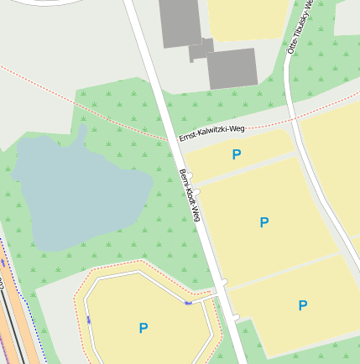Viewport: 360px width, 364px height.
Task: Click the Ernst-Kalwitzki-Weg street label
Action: [211, 133]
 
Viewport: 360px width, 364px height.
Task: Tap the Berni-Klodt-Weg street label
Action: [190, 196]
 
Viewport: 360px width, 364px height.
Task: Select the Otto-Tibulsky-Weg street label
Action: [300, 27]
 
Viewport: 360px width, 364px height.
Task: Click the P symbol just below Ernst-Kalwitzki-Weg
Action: [236, 154]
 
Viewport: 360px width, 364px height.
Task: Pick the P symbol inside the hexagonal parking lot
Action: [143, 328]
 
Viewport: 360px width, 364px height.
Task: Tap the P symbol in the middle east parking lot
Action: [264, 222]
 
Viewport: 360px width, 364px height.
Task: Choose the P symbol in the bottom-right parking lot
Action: [303, 305]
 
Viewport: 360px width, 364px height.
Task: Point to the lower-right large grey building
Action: [232, 68]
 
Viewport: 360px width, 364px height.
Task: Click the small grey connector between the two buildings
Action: [201, 49]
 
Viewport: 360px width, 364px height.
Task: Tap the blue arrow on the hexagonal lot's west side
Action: [89, 319]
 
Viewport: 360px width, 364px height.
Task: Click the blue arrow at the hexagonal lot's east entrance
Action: [188, 302]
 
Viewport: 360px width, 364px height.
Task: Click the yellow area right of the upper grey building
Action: [248, 17]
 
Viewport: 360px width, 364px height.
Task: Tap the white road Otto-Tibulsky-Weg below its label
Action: [290, 92]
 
